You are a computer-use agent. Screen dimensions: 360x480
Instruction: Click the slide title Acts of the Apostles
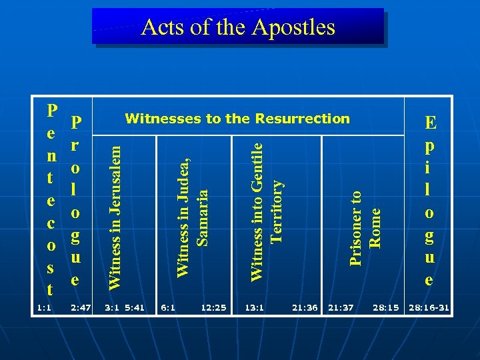coord(238,27)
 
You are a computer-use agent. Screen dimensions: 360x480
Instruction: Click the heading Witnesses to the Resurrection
coord(237,119)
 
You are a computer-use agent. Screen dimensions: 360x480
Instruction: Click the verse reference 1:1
coord(45,307)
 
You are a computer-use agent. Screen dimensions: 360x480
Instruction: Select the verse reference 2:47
coord(79,307)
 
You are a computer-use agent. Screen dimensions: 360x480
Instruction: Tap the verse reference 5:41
coord(135,307)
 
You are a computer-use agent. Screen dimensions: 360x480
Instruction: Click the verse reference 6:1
coord(168,307)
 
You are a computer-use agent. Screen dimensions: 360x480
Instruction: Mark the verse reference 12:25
coord(213,307)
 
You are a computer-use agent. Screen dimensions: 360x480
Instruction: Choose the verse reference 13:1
coord(254,307)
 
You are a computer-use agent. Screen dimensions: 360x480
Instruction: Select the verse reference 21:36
coord(305,307)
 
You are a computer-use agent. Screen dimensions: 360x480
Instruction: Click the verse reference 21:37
coord(341,307)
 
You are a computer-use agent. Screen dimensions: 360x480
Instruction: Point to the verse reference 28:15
coord(385,307)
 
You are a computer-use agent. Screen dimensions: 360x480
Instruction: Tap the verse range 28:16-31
coord(429,307)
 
